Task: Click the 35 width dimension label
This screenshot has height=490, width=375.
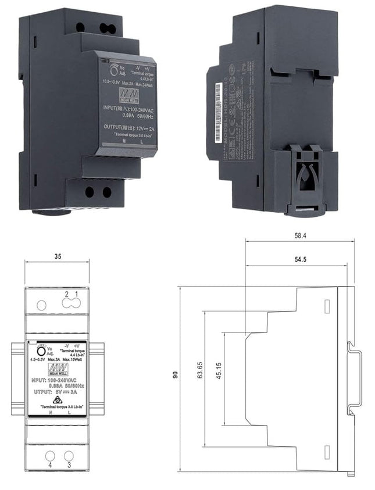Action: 57,255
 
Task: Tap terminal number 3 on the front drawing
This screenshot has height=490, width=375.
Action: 69,465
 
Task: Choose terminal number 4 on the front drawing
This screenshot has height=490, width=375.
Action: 50,465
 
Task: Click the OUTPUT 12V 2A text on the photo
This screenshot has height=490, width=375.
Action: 129,128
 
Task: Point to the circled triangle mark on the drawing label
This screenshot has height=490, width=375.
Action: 57,400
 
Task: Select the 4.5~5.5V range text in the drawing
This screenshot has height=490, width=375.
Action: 38,360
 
